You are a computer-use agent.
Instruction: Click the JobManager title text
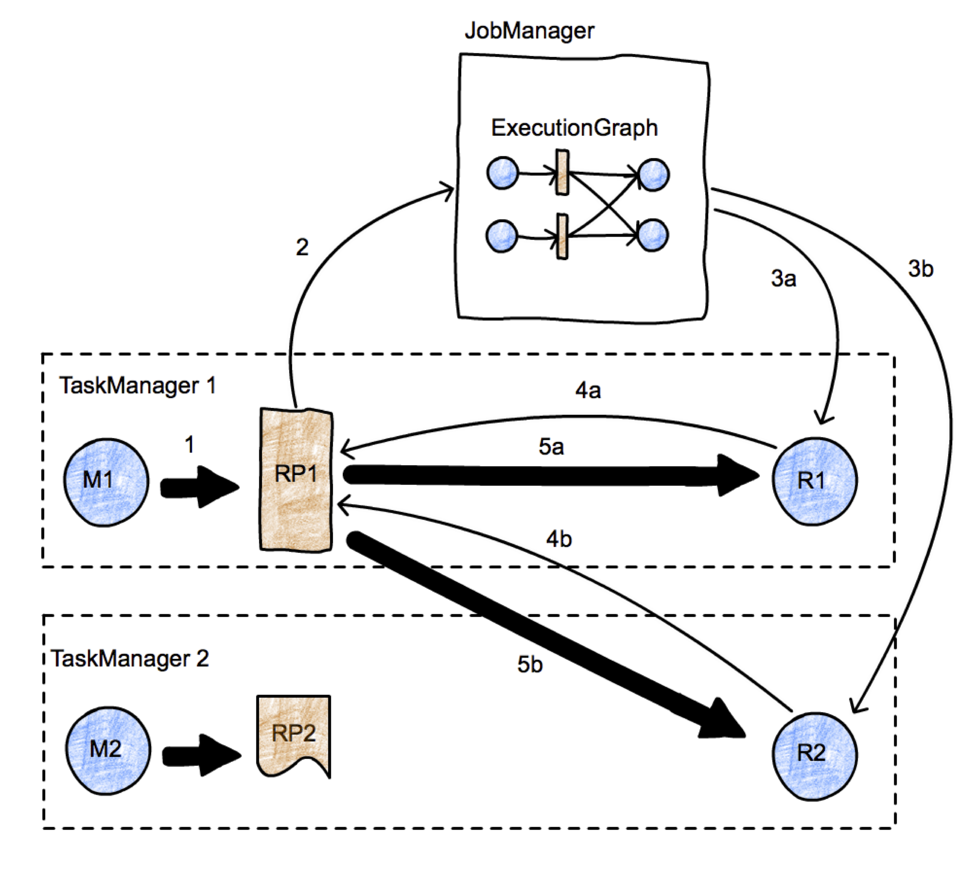click(529, 31)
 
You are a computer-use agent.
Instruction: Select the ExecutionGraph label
click(574, 128)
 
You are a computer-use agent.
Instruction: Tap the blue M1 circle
click(106, 482)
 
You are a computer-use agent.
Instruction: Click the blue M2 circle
click(108, 750)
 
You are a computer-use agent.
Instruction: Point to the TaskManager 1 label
click(138, 385)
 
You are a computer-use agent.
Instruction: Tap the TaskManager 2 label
click(130, 658)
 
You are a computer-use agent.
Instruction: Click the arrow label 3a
click(783, 278)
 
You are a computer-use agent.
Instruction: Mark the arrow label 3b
click(921, 269)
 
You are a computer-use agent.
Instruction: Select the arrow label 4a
click(588, 391)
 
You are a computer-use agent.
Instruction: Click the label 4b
click(559, 539)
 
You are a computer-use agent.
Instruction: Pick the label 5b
click(530, 665)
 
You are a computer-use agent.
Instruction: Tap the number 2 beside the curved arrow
click(302, 248)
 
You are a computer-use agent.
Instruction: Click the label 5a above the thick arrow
click(551, 447)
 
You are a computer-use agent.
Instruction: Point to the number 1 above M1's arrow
click(189, 445)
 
